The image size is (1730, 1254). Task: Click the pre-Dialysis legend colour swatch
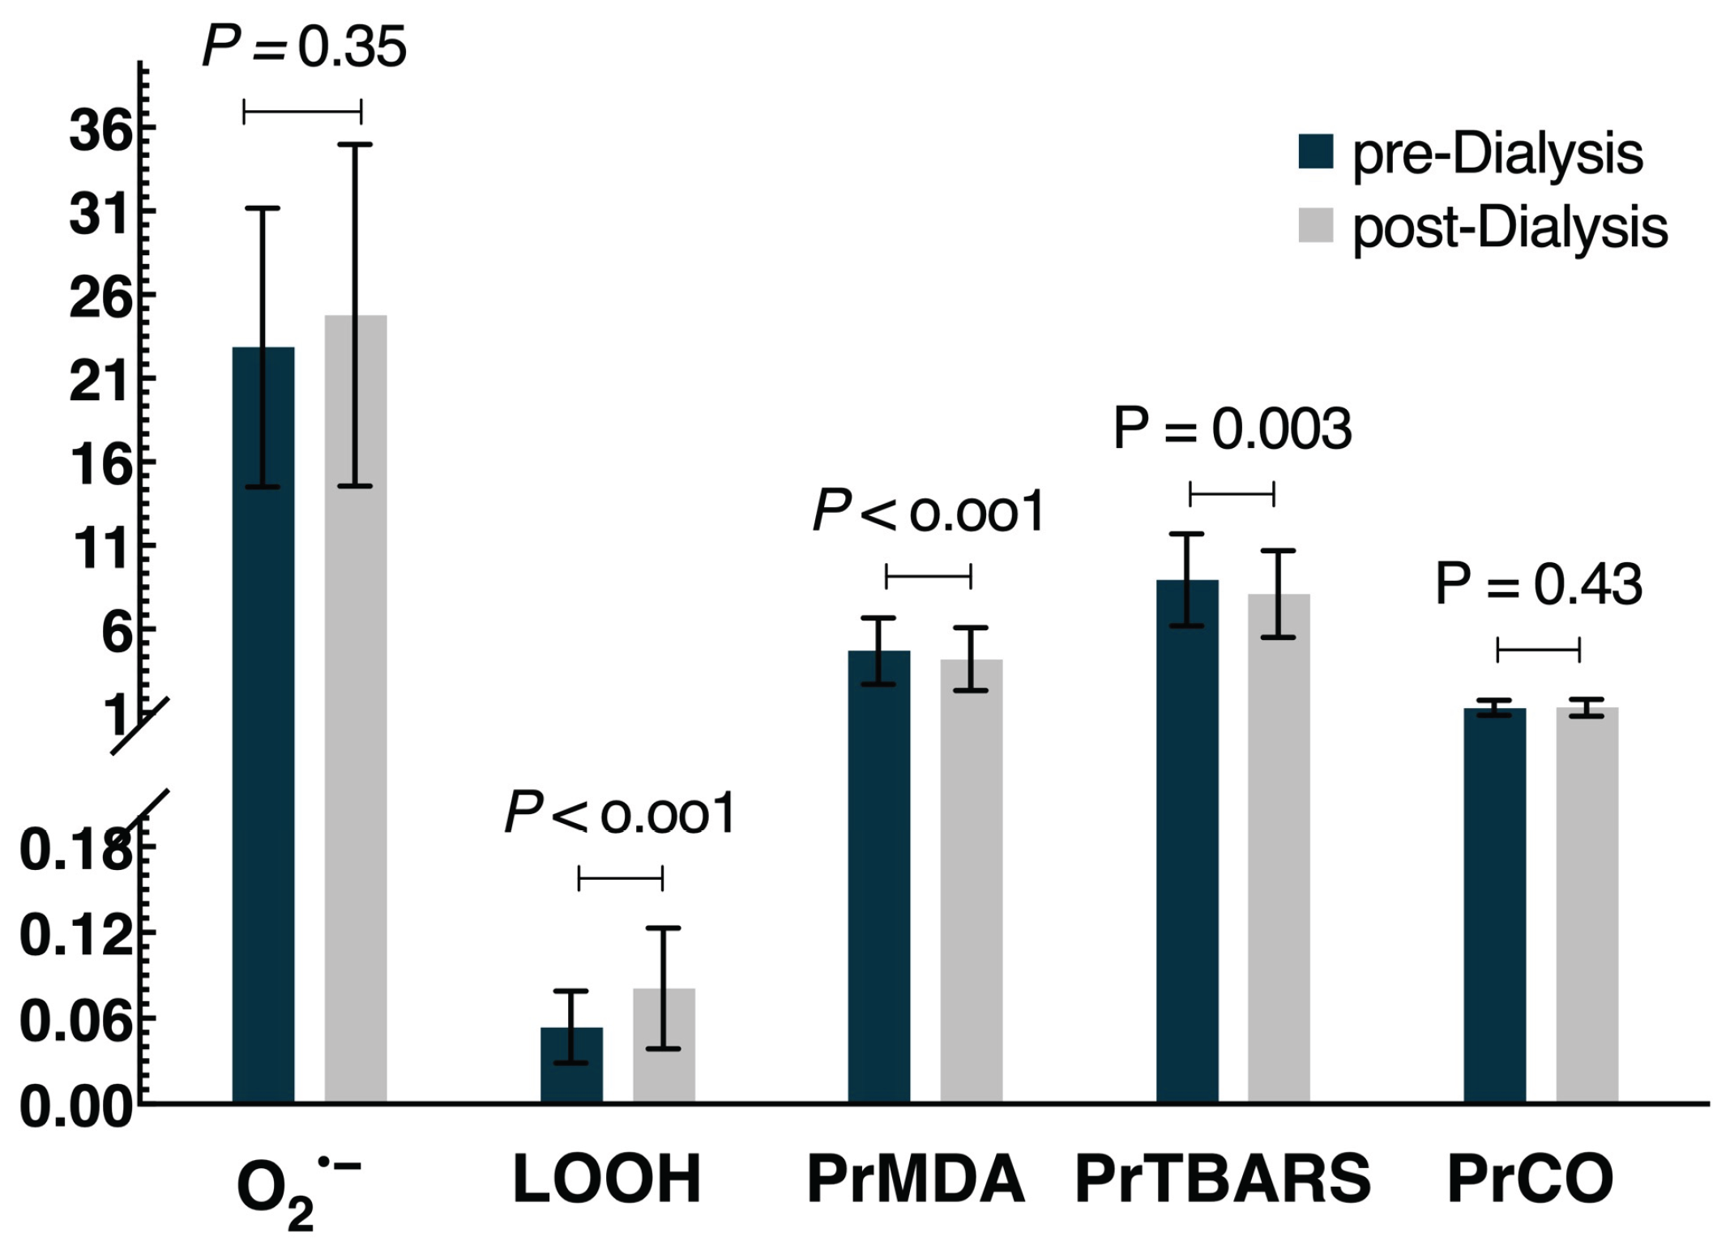click(1315, 151)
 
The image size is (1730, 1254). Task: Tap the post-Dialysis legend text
click(1509, 228)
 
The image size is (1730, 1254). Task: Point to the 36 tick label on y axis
click(100, 130)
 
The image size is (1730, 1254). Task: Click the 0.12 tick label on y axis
click(75, 936)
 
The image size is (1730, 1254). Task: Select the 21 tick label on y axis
click(100, 381)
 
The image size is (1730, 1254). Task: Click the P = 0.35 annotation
click(304, 47)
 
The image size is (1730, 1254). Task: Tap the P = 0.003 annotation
click(1232, 429)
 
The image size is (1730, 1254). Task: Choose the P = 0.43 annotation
click(1538, 584)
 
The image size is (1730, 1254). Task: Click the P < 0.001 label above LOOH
click(620, 813)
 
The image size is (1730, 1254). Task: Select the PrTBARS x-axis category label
click(1222, 1179)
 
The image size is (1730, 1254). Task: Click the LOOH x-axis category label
click(607, 1179)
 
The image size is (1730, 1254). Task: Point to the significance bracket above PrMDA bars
click(928, 576)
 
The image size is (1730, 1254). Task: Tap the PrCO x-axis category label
click(1530, 1179)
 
